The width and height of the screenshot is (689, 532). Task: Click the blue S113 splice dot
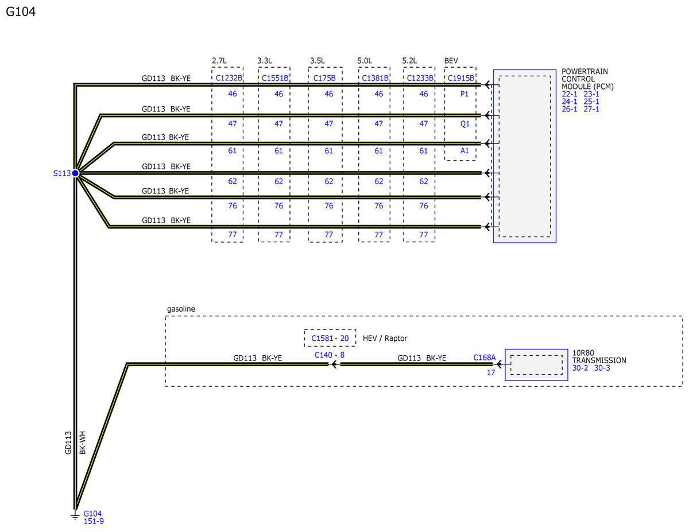coord(75,173)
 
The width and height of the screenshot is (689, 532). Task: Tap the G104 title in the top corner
coord(21,11)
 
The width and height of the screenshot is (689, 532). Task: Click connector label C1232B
coord(229,78)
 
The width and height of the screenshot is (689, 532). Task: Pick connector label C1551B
coord(275,78)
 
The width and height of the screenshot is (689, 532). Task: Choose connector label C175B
coord(324,78)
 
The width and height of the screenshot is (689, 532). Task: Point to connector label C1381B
coord(375,78)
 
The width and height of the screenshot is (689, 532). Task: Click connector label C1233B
coord(420,78)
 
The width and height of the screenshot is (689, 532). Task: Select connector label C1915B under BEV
coord(460,78)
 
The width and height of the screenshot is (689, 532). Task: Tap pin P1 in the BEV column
coord(464,94)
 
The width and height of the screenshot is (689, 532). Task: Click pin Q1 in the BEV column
coord(465,123)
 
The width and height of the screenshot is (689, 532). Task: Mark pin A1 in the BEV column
coord(465,150)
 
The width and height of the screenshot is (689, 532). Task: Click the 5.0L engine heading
coord(365,60)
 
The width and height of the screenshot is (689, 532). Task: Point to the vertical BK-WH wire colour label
coord(83,442)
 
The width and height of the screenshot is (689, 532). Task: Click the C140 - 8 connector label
coord(329,355)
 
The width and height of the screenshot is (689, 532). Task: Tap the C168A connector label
coord(484,358)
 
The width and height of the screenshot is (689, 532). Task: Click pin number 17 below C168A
coord(491,372)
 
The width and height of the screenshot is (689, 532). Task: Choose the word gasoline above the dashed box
coord(181,309)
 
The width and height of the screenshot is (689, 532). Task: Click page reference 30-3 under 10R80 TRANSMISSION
coord(602,368)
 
